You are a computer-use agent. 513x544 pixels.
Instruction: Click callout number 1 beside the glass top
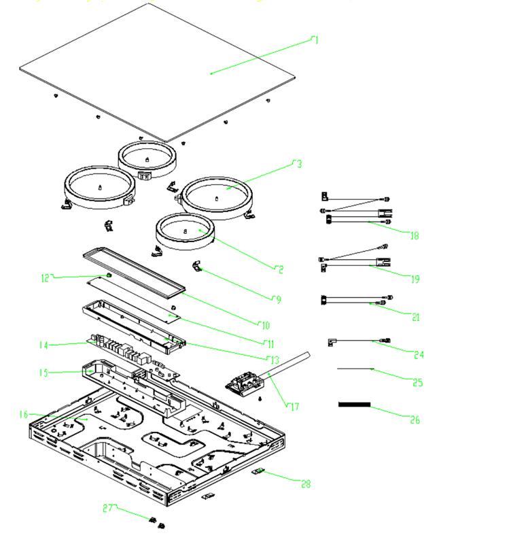[x=315, y=40]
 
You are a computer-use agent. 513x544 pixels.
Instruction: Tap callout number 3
[x=298, y=164]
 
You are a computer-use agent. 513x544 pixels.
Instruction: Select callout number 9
[x=278, y=299]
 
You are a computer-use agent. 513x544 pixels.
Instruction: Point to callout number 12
[x=46, y=277]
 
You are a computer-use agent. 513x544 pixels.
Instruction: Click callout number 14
[x=44, y=345]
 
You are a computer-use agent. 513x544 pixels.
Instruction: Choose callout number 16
[x=23, y=414]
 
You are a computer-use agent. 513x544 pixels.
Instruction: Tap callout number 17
[x=294, y=407]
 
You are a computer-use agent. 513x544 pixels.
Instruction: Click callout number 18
[x=414, y=236]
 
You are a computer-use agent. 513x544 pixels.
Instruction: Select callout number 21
[x=416, y=317]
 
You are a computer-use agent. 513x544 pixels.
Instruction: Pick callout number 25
[x=418, y=383]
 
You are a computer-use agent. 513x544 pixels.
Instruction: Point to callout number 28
[x=306, y=483]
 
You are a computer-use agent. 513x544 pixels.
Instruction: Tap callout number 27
[x=108, y=508]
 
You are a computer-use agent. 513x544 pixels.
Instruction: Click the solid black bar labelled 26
[x=355, y=405]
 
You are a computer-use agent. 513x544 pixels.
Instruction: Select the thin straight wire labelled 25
[x=355, y=369]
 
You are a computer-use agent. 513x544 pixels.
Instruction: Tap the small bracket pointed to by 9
[x=198, y=267]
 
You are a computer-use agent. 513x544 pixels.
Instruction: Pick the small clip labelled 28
[x=260, y=471]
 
